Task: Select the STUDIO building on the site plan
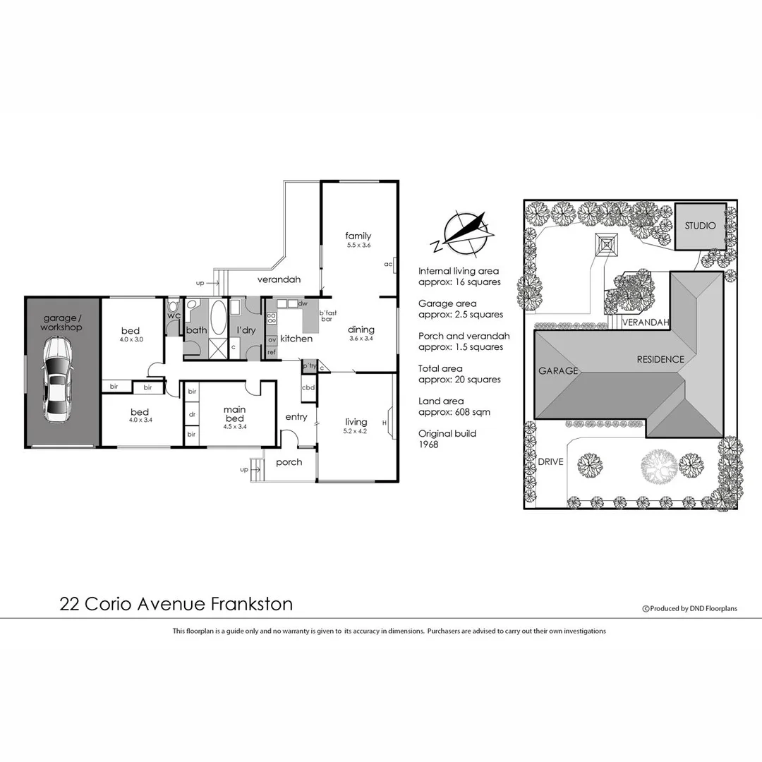point(700,226)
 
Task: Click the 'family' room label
point(358,236)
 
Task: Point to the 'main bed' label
point(234,413)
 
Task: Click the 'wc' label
point(173,315)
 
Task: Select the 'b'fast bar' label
point(326,316)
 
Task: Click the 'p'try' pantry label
point(309,366)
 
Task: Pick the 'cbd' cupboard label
point(308,387)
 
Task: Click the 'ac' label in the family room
point(388,265)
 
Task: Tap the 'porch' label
point(289,462)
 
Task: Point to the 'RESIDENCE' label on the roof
point(660,359)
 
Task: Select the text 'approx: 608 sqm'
point(454,412)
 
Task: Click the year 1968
point(430,445)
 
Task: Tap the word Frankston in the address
point(251,604)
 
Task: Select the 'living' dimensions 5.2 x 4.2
point(356,431)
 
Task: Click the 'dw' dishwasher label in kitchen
point(302,303)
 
